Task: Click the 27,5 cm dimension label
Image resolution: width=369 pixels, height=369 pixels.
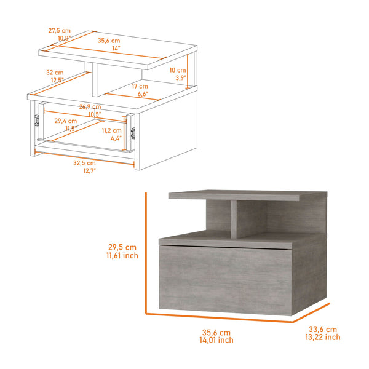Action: tap(59, 30)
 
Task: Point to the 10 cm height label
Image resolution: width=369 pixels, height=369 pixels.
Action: tap(177, 70)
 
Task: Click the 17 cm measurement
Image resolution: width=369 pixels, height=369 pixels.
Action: tap(139, 87)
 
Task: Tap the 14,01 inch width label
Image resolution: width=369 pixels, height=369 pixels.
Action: tap(216, 339)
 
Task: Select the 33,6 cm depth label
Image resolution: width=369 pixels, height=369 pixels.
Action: tap(322, 328)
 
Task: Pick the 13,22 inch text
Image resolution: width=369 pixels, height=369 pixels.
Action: tap(322, 337)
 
